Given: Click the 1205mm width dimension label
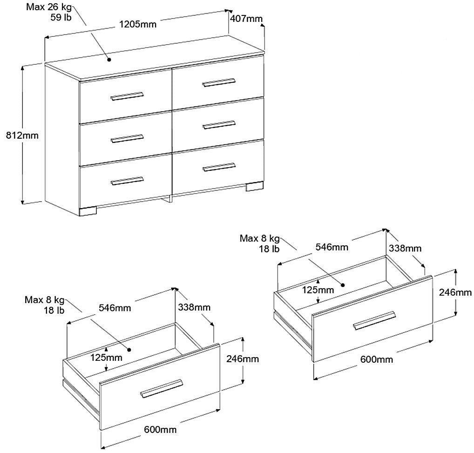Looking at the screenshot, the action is pos(138,24).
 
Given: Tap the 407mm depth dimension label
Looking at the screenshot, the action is pos(246,19).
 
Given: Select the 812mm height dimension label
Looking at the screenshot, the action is pos(22,135).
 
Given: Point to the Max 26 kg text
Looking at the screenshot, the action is pos(49,7).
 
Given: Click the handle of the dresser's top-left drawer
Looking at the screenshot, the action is pos(127,96).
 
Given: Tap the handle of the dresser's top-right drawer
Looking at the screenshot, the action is pos(218,82).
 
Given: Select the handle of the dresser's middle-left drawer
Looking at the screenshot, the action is pos(127,138).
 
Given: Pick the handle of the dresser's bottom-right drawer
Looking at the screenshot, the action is pos(218,167).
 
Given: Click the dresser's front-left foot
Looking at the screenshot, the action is pos(88,211).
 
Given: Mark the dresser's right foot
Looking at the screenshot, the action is pos(255,186).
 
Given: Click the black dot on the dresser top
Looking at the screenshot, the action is pos(109,60).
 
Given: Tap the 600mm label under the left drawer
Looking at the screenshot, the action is pos(160,429).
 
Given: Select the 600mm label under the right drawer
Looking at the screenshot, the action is pos(377,359).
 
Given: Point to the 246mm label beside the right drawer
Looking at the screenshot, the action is pos(455,292).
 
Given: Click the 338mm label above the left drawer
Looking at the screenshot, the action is pos(194,307).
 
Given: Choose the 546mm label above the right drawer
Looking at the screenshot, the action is pos(332,247).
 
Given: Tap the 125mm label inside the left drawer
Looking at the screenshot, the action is pos(107,358).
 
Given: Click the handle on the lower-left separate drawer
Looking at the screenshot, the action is pos(162,389).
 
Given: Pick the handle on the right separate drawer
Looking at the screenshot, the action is pos(374,320).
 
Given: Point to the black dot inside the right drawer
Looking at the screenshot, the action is pos(343,285).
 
